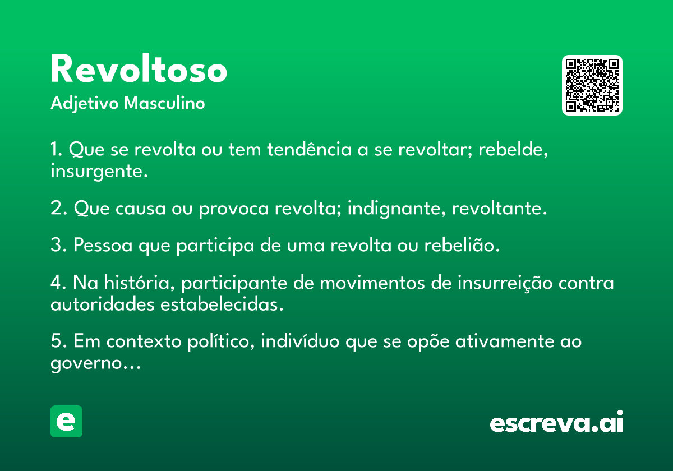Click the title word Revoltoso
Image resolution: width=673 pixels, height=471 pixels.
(139, 68)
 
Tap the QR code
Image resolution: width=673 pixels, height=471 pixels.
(592, 85)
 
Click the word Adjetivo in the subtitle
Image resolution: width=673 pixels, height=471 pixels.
(85, 104)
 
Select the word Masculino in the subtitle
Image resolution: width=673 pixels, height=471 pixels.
(164, 103)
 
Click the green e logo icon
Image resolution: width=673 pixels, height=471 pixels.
(66, 421)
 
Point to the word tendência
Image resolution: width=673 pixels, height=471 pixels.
(310, 149)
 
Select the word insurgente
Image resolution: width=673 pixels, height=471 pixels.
(99, 172)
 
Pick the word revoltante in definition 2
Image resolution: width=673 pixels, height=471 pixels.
(499, 208)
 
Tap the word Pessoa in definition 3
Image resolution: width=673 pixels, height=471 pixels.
(103, 245)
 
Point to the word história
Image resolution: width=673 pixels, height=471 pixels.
(140, 283)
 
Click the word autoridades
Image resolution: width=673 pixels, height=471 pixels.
(103, 304)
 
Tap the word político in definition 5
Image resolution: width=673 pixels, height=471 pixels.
(221, 341)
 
